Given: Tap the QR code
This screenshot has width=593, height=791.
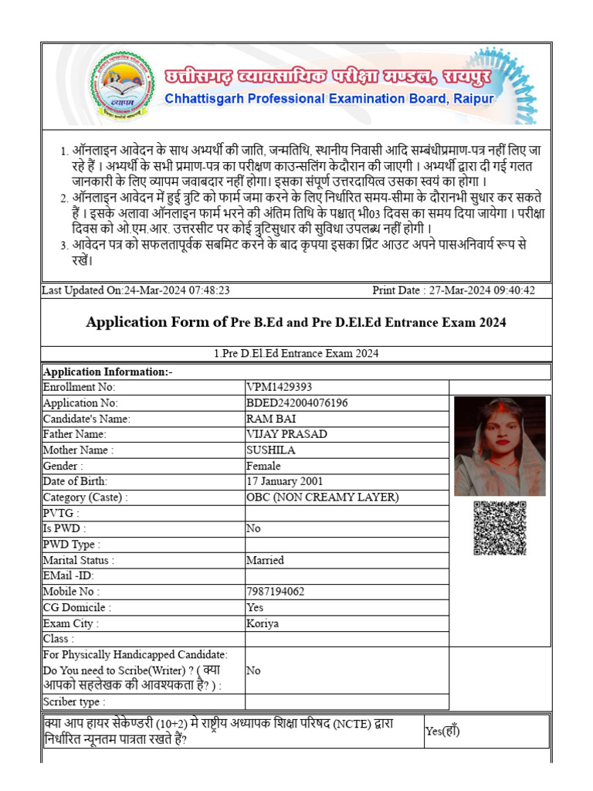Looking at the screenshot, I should pos(500,528).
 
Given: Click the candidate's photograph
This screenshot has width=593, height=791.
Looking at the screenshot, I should pos(500,446).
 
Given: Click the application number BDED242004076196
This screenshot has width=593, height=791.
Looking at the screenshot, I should pos(296,403).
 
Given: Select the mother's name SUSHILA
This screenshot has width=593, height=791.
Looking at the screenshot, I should pos(270,450).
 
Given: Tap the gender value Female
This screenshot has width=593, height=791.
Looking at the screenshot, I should pos(263,466).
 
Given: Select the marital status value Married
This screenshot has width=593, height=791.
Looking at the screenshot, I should pos(265,560).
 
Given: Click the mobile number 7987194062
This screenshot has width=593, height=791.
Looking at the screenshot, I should pos(275,592).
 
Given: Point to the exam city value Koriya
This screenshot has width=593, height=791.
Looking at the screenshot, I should pos(263,623).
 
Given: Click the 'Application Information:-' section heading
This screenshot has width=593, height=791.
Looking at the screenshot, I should pos(108,372).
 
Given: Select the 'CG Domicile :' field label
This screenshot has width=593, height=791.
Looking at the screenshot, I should pos(76,608).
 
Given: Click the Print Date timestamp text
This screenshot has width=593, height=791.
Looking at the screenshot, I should pos(453,290).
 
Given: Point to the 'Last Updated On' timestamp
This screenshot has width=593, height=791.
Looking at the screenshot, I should pos(136,290).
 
